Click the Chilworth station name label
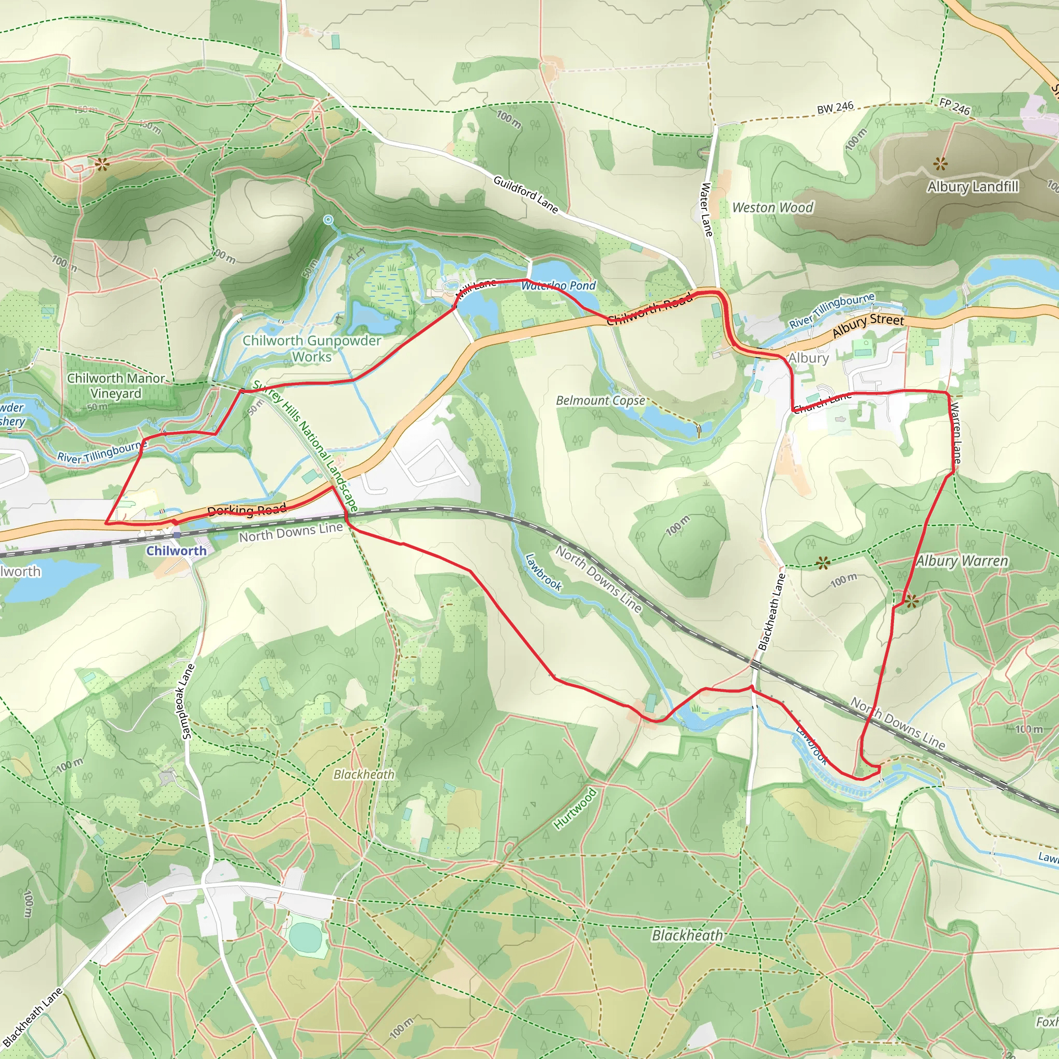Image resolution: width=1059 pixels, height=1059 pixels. (x=176, y=551)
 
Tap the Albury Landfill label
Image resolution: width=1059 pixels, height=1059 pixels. (x=973, y=187)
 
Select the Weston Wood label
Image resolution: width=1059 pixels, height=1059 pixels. (x=773, y=208)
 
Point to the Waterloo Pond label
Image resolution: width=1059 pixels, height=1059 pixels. (x=558, y=285)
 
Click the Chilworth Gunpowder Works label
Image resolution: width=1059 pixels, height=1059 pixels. (x=311, y=349)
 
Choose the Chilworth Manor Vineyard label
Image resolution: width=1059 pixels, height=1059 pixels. (x=116, y=386)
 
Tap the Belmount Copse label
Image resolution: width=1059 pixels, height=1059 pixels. (x=600, y=401)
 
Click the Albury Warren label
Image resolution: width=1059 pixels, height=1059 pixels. (x=962, y=561)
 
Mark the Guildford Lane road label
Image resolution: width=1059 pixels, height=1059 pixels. (x=525, y=194)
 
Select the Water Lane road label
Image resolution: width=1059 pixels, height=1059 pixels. (x=706, y=210)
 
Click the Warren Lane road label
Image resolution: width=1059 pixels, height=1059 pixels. (x=956, y=433)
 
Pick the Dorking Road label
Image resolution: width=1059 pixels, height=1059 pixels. (x=247, y=510)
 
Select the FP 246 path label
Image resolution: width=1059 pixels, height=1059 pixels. (x=955, y=107)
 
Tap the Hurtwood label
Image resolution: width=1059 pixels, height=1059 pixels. (x=574, y=809)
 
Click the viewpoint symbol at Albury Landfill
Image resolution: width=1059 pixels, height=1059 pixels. (x=940, y=163)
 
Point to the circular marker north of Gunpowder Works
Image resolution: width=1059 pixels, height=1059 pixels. (x=328, y=220)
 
